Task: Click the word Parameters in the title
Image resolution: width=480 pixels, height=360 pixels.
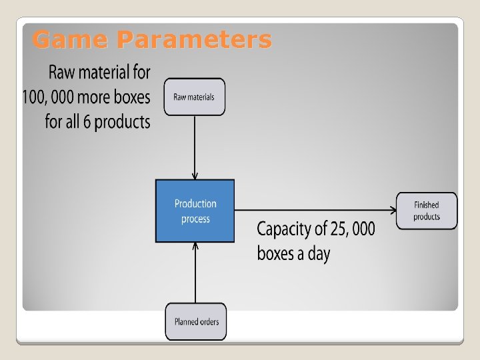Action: pyautogui.click(x=194, y=40)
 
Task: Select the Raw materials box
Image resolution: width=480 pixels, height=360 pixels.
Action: pyautogui.click(x=195, y=97)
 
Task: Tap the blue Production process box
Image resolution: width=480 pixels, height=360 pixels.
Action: pyautogui.click(x=195, y=211)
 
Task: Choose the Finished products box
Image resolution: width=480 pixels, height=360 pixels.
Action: pyautogui.click(x=427, y=211)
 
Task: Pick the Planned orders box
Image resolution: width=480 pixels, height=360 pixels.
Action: pyautogui.click(x=196, y=321)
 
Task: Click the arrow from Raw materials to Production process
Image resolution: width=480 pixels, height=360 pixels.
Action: pyautogui.click(x=195, y=147)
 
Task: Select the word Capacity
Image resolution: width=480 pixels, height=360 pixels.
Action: pyautogui.click(x=285, y=230)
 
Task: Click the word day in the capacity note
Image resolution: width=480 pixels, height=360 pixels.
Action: pyautogui.click(x=318, y=253)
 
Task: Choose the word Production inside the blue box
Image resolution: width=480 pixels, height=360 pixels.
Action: pyautogui.click(x=195, y=203)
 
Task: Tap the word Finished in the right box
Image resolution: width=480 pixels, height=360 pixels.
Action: pyautogui.click(x=427, y=205)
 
